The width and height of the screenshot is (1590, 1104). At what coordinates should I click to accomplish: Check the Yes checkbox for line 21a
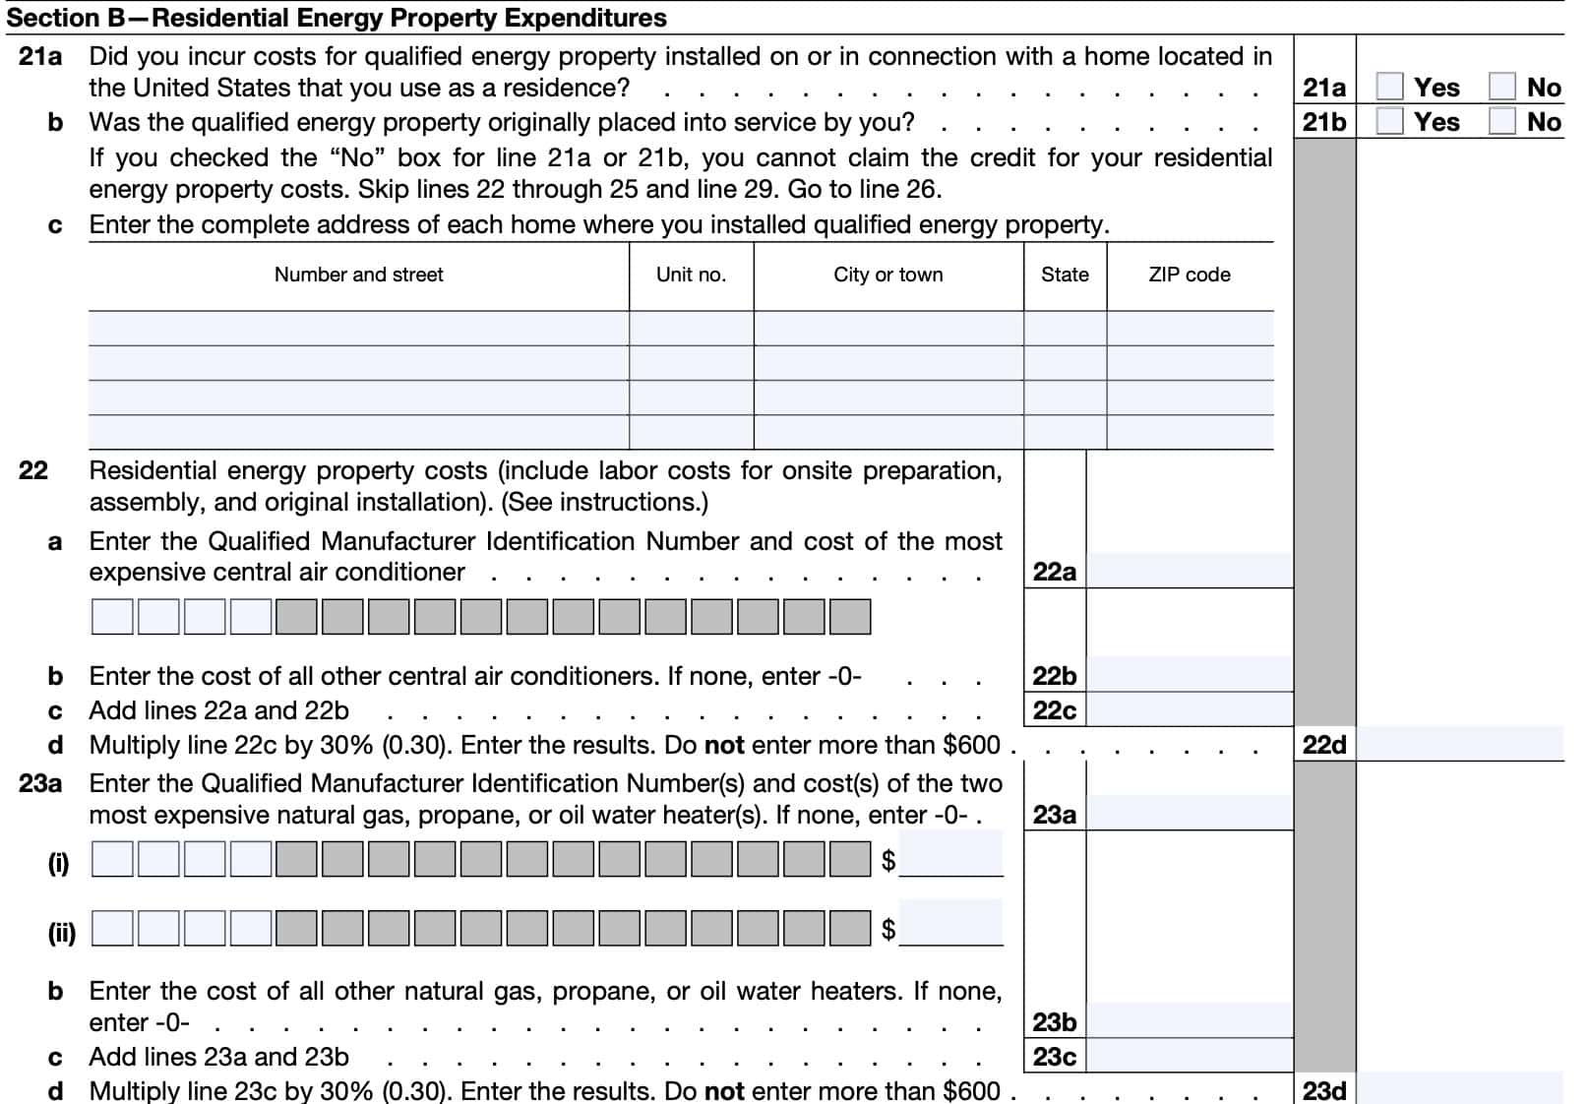(1389, 87)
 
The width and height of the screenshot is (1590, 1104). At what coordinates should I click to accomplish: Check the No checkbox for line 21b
(1501, 121)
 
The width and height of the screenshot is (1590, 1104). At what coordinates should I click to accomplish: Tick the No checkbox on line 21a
(1501, 87)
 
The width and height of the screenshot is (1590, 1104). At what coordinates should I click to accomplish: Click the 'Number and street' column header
(358, 275)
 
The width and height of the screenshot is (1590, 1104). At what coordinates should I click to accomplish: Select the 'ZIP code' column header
(1189, 275)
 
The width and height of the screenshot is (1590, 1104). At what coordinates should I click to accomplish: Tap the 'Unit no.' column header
(691, 275)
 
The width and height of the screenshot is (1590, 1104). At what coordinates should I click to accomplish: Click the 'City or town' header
(887, 275)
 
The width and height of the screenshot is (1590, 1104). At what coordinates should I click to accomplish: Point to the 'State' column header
(1065, 275)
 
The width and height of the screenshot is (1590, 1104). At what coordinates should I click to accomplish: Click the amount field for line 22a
(1189, 571)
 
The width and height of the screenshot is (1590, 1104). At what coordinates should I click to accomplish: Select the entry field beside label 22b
(1189, 675)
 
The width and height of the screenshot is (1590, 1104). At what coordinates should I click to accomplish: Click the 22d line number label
(1324, 745)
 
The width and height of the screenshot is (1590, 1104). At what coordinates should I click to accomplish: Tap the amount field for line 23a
(1189, 814)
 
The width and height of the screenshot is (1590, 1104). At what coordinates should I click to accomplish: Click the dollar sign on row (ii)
(888, 929)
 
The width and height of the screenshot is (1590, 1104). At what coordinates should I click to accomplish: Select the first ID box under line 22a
(112, 617)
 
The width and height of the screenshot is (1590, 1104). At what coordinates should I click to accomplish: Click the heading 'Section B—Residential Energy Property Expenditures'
(336, 18)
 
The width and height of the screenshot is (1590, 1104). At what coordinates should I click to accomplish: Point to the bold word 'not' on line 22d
(724, 745)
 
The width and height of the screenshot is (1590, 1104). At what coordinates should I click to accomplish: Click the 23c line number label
(1054, 1057)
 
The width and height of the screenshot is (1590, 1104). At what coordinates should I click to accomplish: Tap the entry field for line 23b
(1189, 1021)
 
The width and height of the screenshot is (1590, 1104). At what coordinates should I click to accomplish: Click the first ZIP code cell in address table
(1189, 329)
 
